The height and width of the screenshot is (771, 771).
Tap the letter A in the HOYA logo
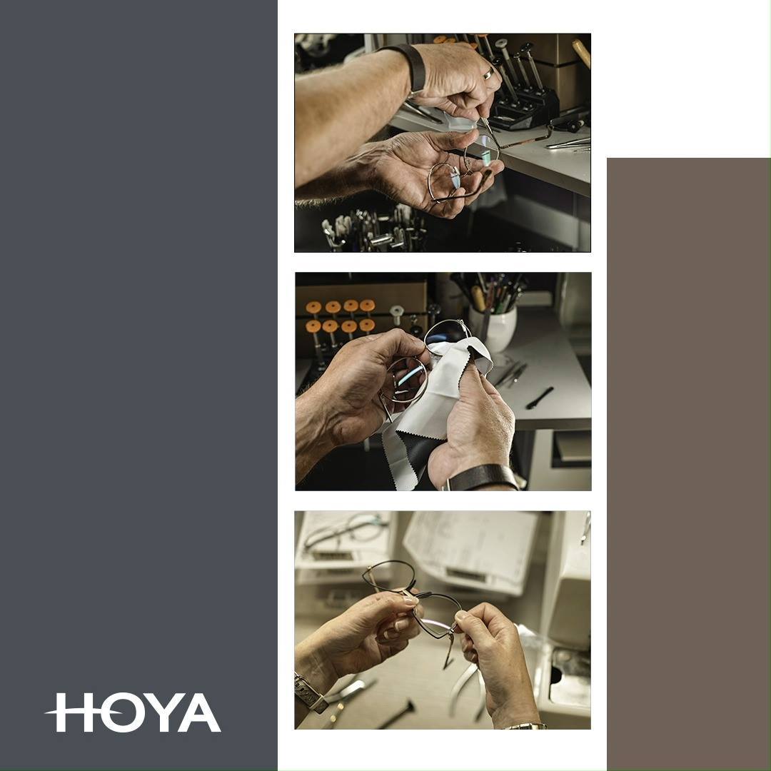[199, 712]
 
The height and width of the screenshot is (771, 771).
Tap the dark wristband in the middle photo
[482, 477]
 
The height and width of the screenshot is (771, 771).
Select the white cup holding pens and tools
[493, 328]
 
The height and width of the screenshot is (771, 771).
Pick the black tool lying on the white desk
[540, 398]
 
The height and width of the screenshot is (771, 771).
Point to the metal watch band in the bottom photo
[309, 692]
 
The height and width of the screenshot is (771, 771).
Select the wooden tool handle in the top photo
[581, 51]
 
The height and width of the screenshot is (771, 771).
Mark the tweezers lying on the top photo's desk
[568, 144]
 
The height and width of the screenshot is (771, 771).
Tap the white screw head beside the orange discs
[397, 310]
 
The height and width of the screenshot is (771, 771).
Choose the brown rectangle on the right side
[688, 464]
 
